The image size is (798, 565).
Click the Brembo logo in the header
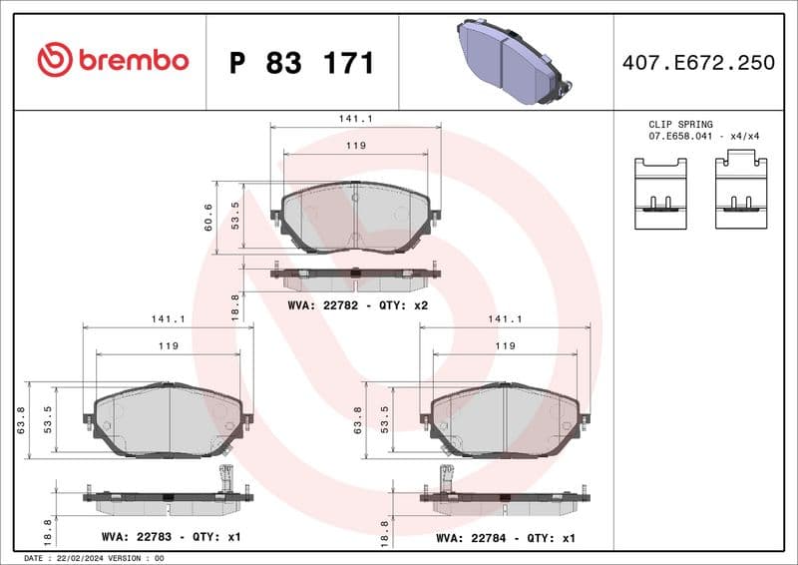click(x=112, y=60)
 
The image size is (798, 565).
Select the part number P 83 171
click(x=301, y=63)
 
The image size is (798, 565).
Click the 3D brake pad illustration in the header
click(x=510, y=61)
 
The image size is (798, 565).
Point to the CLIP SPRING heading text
click(x=680, y=124)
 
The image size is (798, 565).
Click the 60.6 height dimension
click(x=208, y=217)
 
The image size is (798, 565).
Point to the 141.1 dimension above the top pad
click(x=356, y=118)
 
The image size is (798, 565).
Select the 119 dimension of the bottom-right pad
click(x=505, y=345)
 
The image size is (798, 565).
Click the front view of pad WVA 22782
click(x=355, y=217)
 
